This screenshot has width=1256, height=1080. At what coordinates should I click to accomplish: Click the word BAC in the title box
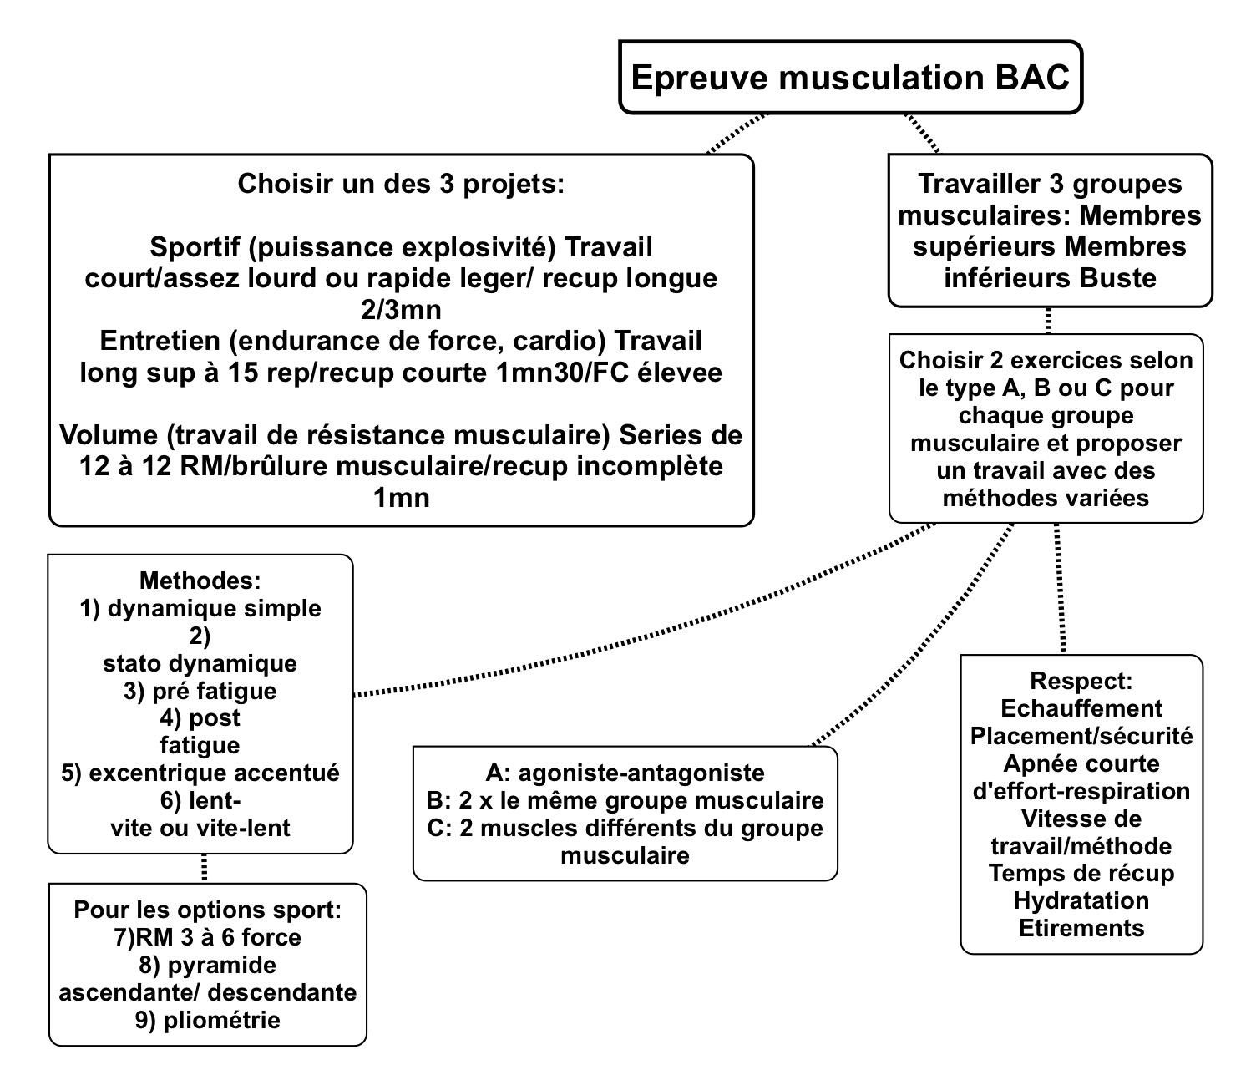[1032, 77]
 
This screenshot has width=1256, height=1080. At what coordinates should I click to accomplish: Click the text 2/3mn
[401, 310]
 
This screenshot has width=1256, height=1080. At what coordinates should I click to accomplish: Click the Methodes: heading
[200, 581]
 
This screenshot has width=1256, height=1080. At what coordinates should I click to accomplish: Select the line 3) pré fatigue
[200, 691]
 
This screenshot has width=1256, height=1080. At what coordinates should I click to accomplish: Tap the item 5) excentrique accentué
[200, 773]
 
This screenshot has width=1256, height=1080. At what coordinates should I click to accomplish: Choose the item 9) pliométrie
[207, 1020]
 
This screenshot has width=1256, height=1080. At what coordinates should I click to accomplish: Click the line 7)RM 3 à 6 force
[207, 937]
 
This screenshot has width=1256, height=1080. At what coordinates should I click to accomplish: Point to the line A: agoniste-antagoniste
[625, 773]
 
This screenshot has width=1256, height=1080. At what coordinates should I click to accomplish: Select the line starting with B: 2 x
[625, 800]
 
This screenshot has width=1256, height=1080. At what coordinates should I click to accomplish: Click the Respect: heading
[1081, 681]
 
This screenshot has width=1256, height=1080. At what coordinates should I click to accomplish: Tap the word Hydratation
[1081, 900]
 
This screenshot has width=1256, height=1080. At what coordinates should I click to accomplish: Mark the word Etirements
[1081, 928]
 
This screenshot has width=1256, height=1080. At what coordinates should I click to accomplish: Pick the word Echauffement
[1081, 708]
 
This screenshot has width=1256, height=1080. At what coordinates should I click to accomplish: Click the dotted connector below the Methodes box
[204, 868]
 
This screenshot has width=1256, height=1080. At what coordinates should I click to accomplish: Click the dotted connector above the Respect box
[1061, 589]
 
